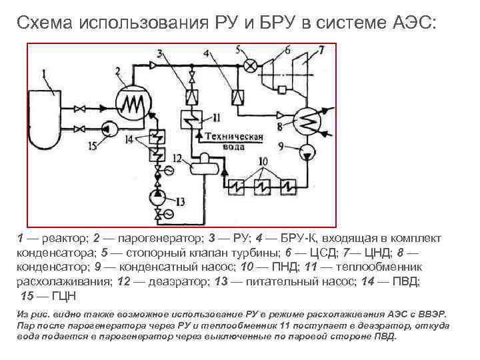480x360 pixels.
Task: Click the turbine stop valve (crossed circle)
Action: (251, 65)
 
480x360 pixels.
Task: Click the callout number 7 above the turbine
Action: (321, 49)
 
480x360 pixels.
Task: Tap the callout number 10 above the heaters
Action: (262, 161)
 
